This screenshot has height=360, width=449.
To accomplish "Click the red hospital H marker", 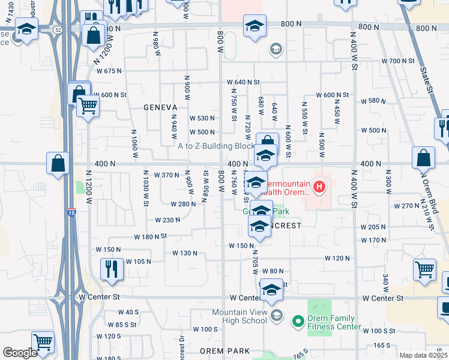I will pos(319,187).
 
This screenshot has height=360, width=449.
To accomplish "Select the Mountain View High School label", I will pos(239,316).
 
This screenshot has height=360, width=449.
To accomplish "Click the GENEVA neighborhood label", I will pos(160,107).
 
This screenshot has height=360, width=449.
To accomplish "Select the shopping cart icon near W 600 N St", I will pos(88,106).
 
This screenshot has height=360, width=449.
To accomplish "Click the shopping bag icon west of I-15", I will pos(58,163).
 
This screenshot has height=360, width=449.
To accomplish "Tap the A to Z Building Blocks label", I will pos(217,146).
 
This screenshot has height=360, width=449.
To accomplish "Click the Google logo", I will pos(20,353).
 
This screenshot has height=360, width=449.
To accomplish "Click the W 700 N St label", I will pos(399,61).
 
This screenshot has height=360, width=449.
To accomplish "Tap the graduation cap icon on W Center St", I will pos(271,290).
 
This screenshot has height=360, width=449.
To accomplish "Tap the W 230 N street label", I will pos(167,220).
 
